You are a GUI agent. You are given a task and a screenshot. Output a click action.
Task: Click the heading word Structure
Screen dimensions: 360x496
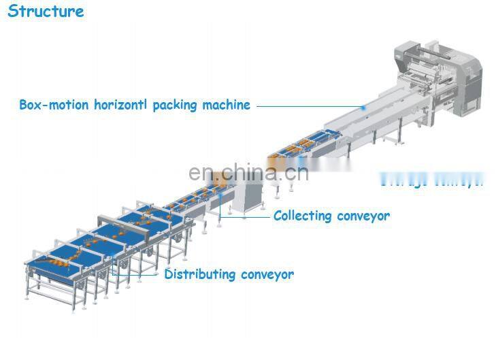point(46,12)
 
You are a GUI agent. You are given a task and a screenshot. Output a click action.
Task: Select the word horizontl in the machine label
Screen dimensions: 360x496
point(119,105)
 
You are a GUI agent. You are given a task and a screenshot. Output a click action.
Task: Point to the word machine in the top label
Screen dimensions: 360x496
point(227,105)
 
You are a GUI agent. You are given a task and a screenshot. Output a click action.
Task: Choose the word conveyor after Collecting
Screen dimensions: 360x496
point(363,216)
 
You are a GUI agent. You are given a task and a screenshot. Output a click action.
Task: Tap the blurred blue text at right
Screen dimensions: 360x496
point(431,180)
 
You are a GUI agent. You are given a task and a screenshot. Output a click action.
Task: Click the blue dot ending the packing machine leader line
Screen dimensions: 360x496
point(363,108)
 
